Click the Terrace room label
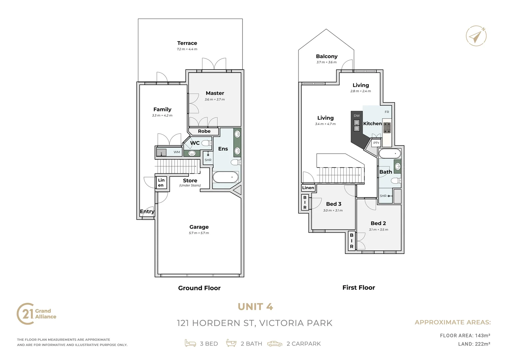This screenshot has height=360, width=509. tap(187, 43)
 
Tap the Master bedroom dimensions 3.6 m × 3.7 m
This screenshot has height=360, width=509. tap(215, 99)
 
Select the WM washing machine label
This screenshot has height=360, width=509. tap(177, 152)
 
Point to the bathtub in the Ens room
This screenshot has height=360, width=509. tap(226, 177)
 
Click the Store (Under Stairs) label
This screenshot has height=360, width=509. tap(190, 182)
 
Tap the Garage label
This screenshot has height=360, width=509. tap(199, 227)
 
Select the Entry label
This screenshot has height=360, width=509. tap(147, 211)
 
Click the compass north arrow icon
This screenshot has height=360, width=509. tap(476, 36)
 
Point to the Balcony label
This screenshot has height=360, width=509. tap(326, 56)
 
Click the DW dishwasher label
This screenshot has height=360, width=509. tap(357, 116)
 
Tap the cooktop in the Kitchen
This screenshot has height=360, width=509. tap(387, 128)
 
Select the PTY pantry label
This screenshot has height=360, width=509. tap(376, 143)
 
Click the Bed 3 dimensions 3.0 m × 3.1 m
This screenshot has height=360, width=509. tap(333, 210)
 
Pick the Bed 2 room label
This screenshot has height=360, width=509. tap(378, 223)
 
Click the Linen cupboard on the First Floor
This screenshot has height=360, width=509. tap(308, 188)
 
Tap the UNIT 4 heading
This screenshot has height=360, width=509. tap(255, 307)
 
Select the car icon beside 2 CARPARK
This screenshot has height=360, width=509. tap(274, 344)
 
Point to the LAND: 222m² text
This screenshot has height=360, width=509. tap(474, 344)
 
